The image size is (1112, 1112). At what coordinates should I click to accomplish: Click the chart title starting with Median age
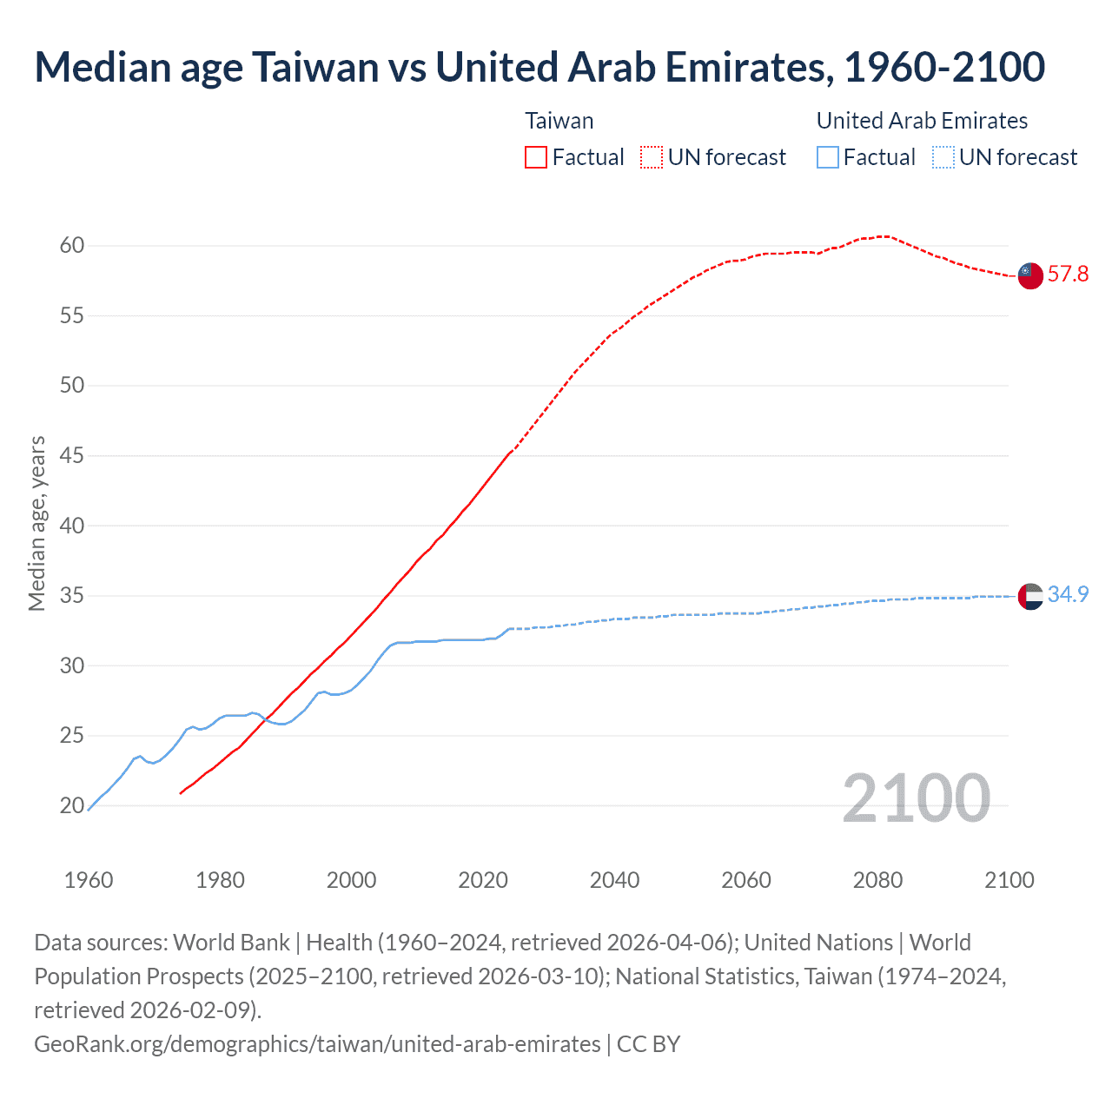(x=539, y=68)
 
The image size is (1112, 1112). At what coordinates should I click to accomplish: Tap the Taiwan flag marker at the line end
(x=1029, y=275)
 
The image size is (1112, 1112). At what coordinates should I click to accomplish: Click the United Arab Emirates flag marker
(x=1029, y=597)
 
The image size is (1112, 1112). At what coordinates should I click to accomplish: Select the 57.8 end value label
(x=1068, y=275)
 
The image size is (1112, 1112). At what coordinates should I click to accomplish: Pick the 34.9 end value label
(x=1068, y=594)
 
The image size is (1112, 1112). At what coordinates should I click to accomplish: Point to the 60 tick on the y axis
(x=72, y=246)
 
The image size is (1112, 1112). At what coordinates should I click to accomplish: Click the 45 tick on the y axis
(x=72, y=456)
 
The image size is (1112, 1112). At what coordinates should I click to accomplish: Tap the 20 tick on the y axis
(x=72, y=806)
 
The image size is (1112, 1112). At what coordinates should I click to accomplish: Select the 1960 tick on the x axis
(x=89, y=880)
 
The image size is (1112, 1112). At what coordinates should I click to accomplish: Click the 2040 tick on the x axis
(x=614, y=880)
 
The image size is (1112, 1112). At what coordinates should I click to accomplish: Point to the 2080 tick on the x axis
(x=877, y=880)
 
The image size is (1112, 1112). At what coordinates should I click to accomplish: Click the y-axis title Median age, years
(x=36, y=524)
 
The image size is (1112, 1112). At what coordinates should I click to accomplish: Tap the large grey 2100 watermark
(x=916, y=798)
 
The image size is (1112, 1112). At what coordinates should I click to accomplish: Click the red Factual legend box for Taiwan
(x=536, y=157)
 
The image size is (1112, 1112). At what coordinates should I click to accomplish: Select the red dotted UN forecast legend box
(x=652, y=157)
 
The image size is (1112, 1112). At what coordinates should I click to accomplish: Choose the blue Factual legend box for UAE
(x=828, y=157)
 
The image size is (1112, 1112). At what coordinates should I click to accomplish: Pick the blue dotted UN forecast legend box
(x=943, y=157)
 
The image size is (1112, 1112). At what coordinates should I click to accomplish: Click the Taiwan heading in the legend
(x=559, y=121)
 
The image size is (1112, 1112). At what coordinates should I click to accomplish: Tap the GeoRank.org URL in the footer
(x=317, y=1043)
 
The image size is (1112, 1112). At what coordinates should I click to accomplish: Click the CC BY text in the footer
(x=648, y=1043)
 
